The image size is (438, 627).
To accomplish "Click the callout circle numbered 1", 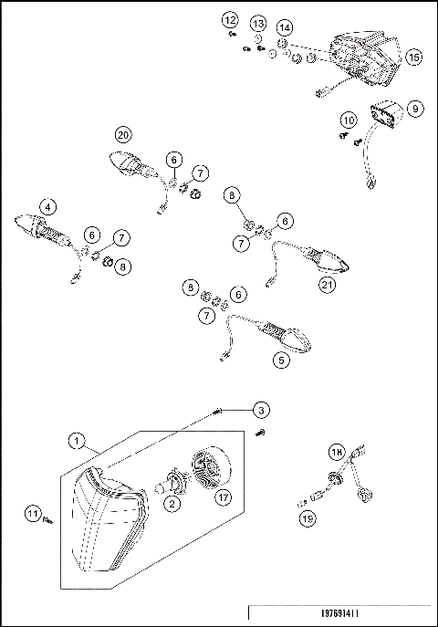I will click(x=81, y=441).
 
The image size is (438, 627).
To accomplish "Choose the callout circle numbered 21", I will click(x=327, y=284).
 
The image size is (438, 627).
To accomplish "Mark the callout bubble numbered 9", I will click(x=414, y=109).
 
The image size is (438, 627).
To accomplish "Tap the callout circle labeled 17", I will click(x=222, y=497).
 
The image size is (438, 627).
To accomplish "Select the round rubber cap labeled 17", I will click(x=208, y=467).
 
